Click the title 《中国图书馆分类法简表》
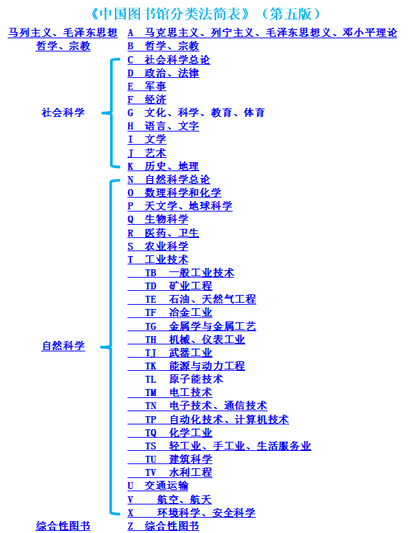pos(170,14)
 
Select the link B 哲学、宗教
pos(163,46)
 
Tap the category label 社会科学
pos(63,113)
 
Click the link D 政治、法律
pos(163,73)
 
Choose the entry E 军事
pos(147,86)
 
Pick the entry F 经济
pos(147,100)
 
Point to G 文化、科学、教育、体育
pos(196,113)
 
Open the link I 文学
pos(147,139)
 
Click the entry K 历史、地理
pos(163,166)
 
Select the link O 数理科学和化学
pos(174,193)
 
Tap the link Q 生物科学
pos(158,219)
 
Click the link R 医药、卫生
pos(163,233)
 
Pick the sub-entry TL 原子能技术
pos(184,379)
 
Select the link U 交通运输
pos(158,486)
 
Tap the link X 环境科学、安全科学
pos(192,513)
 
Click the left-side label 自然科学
pos(63,346)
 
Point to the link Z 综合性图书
pos(163,526)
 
